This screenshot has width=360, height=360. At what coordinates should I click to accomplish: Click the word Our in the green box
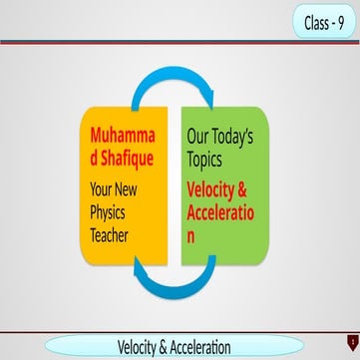[200, 132]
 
